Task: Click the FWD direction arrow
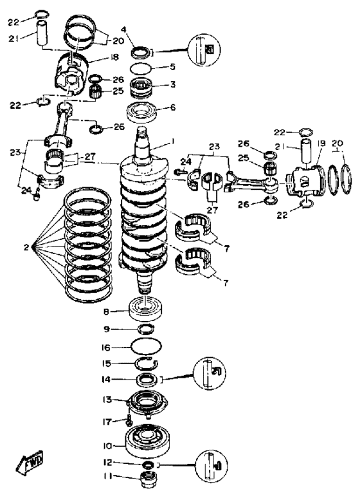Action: tap(29, 462)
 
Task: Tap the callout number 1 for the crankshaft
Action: tap(173, 141)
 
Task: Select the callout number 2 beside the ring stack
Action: tap(26, 247)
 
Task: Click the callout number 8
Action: tap(106, 312)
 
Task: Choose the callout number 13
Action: tap(107, 399)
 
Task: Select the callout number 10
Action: tap(107, 446)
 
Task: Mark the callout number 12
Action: tap(108, 463)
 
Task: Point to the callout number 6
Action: tap(173, 107)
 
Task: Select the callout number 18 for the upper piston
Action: tap(114, 57)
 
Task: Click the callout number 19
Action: tap(321, 143)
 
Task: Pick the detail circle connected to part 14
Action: tap(209, 373)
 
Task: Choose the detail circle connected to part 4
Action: tap(204, 50)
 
